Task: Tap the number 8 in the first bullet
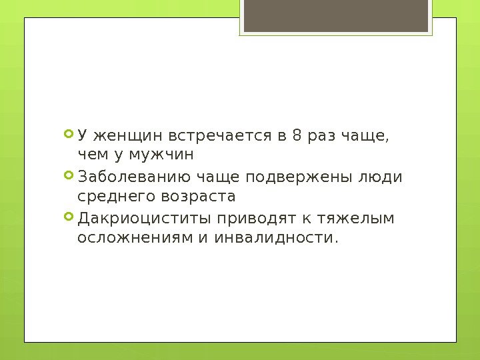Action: pyautogui.click(x=296, y=136)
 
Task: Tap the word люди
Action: pyautogui.click(x=388, y=178)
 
